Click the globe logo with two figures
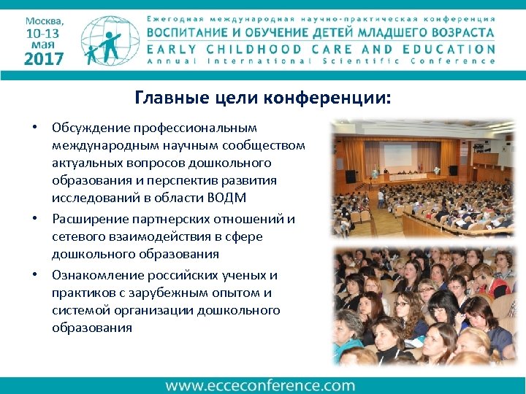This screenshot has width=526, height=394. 110,41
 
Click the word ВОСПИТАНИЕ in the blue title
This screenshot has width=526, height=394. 191,33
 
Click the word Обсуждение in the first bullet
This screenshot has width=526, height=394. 91,127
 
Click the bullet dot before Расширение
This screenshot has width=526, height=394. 34,219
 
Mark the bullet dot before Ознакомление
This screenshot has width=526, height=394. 34,275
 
